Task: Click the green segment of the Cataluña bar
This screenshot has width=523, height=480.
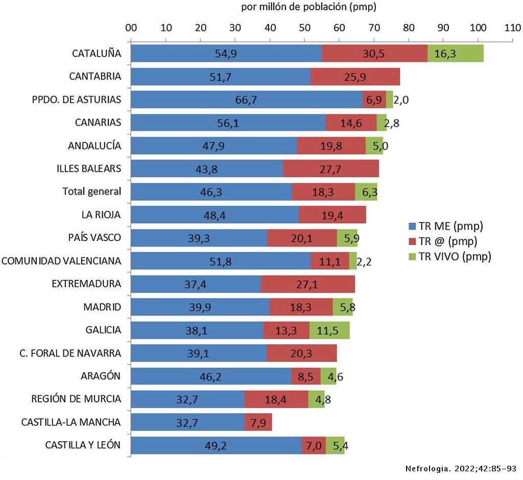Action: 456,54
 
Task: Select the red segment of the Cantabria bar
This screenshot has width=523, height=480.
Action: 355,77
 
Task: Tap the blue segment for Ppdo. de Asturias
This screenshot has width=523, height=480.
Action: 247,100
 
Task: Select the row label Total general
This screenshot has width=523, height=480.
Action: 92,191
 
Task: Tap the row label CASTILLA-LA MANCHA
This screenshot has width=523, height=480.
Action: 71,422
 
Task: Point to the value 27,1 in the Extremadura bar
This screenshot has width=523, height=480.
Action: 307,284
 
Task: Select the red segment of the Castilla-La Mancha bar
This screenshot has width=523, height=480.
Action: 258,422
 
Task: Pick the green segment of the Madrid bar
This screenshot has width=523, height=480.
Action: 343,307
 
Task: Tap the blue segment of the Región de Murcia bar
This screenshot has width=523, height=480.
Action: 187,399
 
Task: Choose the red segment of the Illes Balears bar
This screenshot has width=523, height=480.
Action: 331,169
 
